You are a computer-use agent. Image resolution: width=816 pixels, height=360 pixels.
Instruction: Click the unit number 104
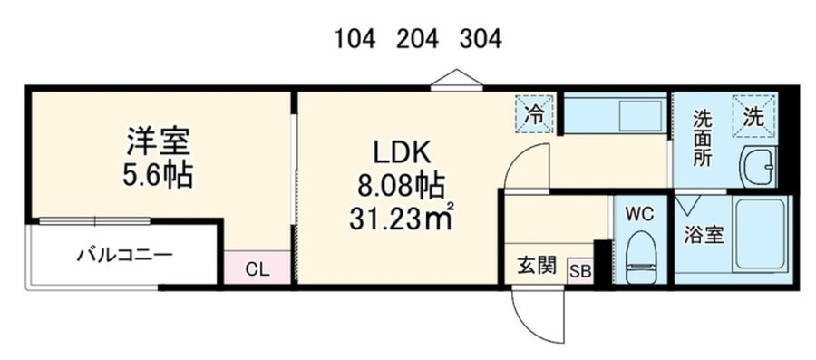coord(355,38)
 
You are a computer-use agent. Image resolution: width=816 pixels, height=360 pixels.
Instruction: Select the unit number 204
coord(417,38)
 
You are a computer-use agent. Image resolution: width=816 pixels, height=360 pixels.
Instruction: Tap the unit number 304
coord(481,38)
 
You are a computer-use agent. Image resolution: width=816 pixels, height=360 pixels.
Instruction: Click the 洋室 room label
coord(158,141)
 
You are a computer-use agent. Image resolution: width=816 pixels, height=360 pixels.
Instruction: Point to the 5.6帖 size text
coord(158,174)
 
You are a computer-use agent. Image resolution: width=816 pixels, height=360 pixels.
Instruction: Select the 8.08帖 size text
coord(400,186)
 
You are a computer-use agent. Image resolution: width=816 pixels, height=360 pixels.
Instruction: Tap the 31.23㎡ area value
coord(400,218)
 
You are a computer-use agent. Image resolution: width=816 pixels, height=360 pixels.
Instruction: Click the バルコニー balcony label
coord(124,255)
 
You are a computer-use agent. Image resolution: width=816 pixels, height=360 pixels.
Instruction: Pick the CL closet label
coord(257,269)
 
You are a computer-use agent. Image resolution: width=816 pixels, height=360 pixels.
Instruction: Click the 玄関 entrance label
coord(536,266)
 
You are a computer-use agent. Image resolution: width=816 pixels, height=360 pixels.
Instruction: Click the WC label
coord(640,214)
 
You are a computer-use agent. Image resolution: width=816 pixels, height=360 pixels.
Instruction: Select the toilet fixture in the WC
coord(641,258)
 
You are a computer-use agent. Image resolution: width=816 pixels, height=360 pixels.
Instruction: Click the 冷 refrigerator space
coord(536,114)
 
